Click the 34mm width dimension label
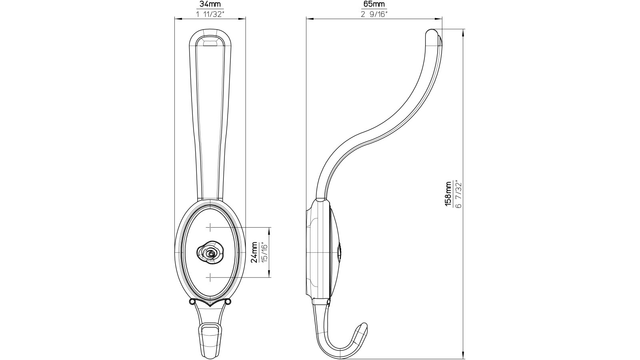210,5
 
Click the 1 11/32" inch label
210,14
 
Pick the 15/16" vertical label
264,252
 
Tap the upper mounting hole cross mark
210,228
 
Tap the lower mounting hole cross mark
210,277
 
